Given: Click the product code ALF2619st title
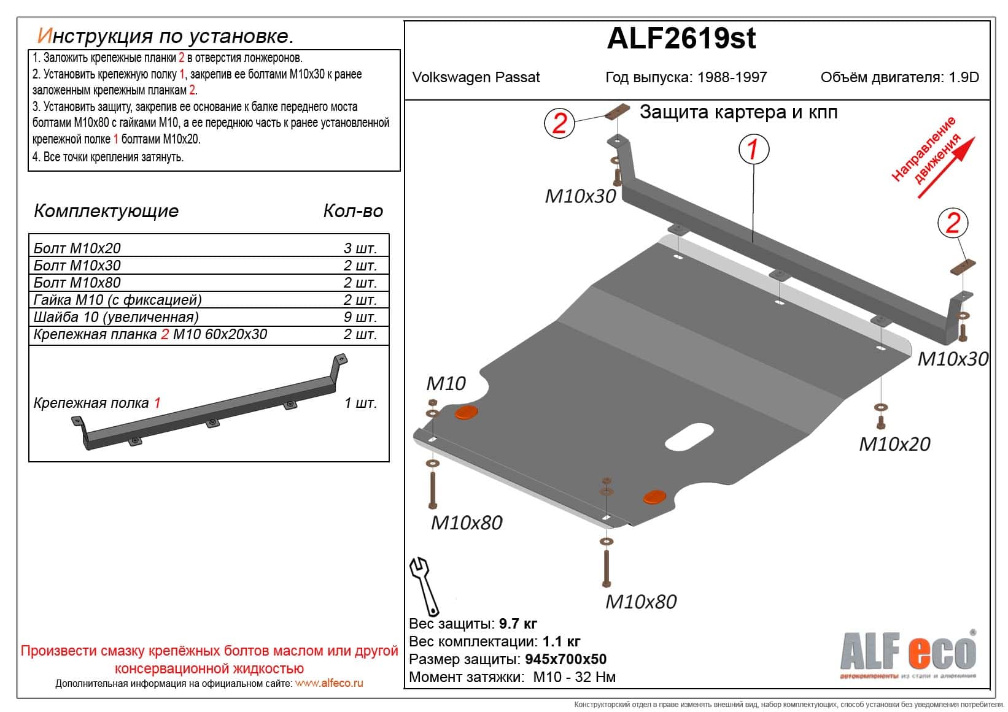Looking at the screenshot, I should coord(681,39).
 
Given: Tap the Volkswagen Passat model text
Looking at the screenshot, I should coord(476,77).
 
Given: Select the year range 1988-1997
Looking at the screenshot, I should coord(731,77).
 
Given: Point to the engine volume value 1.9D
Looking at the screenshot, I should coord(964,77).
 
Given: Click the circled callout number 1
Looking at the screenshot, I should coord(753,149).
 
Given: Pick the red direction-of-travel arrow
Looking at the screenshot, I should coord(946,168).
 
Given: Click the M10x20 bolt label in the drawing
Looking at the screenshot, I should coord(894,443).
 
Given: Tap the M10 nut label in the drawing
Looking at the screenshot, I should coord(446,383).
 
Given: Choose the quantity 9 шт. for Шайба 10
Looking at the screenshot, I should coord(360,317).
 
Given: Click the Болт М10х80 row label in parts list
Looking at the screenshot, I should coord(77,283).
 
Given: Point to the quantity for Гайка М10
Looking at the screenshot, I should coord(360,300).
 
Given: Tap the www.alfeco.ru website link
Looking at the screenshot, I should coord(329,683).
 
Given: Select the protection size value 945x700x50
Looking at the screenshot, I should coord(565,659).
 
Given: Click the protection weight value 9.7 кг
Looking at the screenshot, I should coord(518,624).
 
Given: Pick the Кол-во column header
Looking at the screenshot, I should coord(353,211).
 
